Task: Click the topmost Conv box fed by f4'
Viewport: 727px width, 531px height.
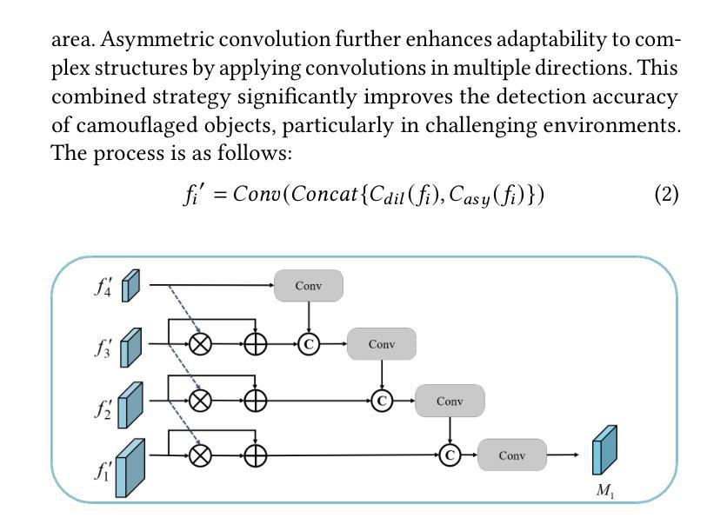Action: tap(309, 286)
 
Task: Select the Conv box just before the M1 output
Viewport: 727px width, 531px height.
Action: tap(511, 455)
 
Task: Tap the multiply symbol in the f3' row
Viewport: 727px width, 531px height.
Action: tap(201, 344)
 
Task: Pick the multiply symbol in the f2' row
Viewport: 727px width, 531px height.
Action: tap(201, 400)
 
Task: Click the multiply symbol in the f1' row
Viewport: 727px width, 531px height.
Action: tap(201, 455)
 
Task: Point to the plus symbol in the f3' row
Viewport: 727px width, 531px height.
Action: tap(255, 344)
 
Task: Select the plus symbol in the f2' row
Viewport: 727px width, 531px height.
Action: tap(255, 400)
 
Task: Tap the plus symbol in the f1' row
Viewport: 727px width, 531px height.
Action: tap(255, 455)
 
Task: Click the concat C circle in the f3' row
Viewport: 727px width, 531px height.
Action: tap(309, 344)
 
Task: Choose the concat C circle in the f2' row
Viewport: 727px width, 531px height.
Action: tap(381, 401)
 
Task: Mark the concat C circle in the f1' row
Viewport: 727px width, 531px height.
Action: tap(449, 455)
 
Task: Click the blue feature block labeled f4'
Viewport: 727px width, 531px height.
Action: tap(130, 286)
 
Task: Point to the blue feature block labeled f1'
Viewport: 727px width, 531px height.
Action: tap(130, 467)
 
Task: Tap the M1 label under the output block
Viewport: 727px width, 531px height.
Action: tap(605, 491)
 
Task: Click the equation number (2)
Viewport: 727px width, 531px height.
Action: tap(666, 194)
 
